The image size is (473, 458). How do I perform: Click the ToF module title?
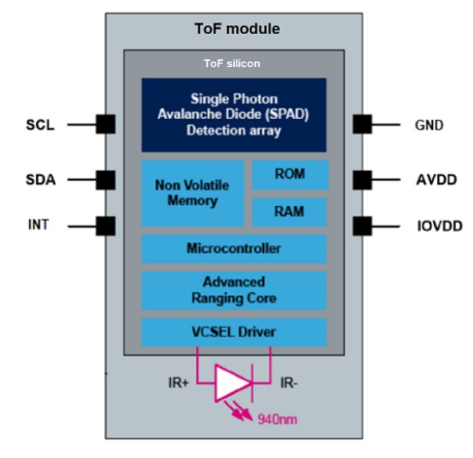(x=237, y=29)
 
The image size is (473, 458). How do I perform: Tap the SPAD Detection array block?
(x=233, y=115)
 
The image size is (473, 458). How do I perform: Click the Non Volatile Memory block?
(x=192, y=193)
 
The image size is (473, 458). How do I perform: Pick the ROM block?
(x=290, y=175)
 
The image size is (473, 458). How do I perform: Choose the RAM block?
(x=290, y=212)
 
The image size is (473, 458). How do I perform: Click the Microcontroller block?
(x=233, y=249)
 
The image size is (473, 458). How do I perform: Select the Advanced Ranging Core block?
(x=233, y=290)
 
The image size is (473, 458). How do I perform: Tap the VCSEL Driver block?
(x=233, y=332)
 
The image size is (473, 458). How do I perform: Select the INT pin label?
(x=38, y=225)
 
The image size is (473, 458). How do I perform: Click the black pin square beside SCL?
(x=106, y=124)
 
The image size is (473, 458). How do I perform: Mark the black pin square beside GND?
(x=362, y=124)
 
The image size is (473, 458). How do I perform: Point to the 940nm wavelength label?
(x=277, y=421)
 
